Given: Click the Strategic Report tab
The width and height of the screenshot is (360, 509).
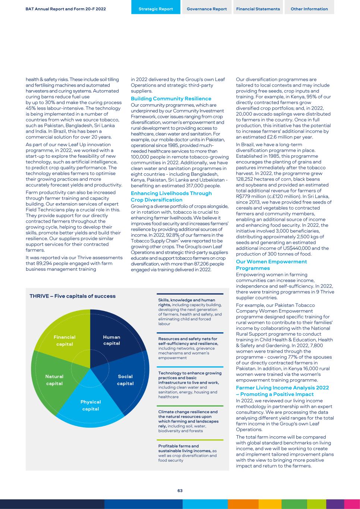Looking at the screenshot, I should pos(156,9).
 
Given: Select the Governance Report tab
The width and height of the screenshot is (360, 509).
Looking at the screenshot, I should pos(207,9).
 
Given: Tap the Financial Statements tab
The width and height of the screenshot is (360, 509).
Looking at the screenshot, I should pos(258,9).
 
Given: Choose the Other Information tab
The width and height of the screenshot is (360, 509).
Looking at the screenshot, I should pos(309,9).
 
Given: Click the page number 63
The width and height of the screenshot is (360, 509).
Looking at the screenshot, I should pos(180,491).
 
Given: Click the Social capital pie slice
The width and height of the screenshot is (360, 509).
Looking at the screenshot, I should pos(125,380).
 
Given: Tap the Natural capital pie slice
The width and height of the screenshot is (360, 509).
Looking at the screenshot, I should pos(54,380).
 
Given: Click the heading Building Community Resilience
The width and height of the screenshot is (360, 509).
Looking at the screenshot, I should pos(171,99).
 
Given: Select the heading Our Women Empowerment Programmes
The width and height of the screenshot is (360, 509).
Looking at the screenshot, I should pos(272,265).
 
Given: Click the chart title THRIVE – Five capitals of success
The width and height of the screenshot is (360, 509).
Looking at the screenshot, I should pos(73,296).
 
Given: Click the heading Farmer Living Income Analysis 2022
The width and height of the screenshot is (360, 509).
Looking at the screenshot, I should pos(282,391).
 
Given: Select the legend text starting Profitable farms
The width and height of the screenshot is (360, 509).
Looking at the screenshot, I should pos(179,446).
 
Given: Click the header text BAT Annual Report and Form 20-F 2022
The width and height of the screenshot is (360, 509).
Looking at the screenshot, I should pos(66,9).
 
